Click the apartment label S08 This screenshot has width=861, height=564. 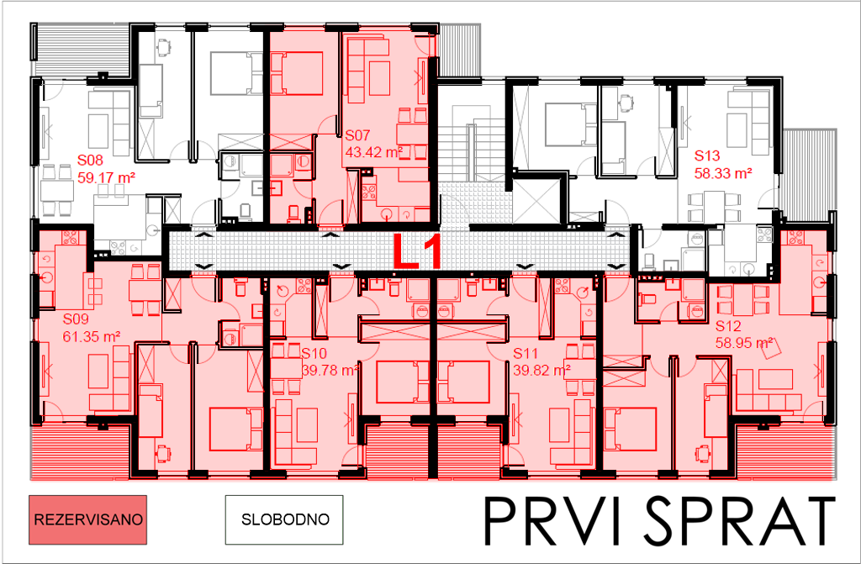(90, 161)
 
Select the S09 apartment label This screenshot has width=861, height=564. (76, 319)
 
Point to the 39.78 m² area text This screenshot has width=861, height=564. (330, 370)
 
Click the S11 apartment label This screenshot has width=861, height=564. (526, 353)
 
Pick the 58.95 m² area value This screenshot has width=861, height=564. (744, 343)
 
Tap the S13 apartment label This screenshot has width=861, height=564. (707, 156)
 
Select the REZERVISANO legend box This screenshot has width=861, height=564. (87, 519)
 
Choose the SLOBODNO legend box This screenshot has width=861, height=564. (284, 519)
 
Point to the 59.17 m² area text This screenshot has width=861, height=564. (107, 178)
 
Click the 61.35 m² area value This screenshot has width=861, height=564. (92, 337)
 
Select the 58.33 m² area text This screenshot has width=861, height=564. (723, 173)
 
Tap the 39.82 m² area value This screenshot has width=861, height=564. (542, 370)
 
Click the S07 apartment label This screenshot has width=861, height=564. (357, 135)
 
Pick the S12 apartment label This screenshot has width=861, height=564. (728, 326)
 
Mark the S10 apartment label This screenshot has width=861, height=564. (314, 353)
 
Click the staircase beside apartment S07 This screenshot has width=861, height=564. (471, 145)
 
